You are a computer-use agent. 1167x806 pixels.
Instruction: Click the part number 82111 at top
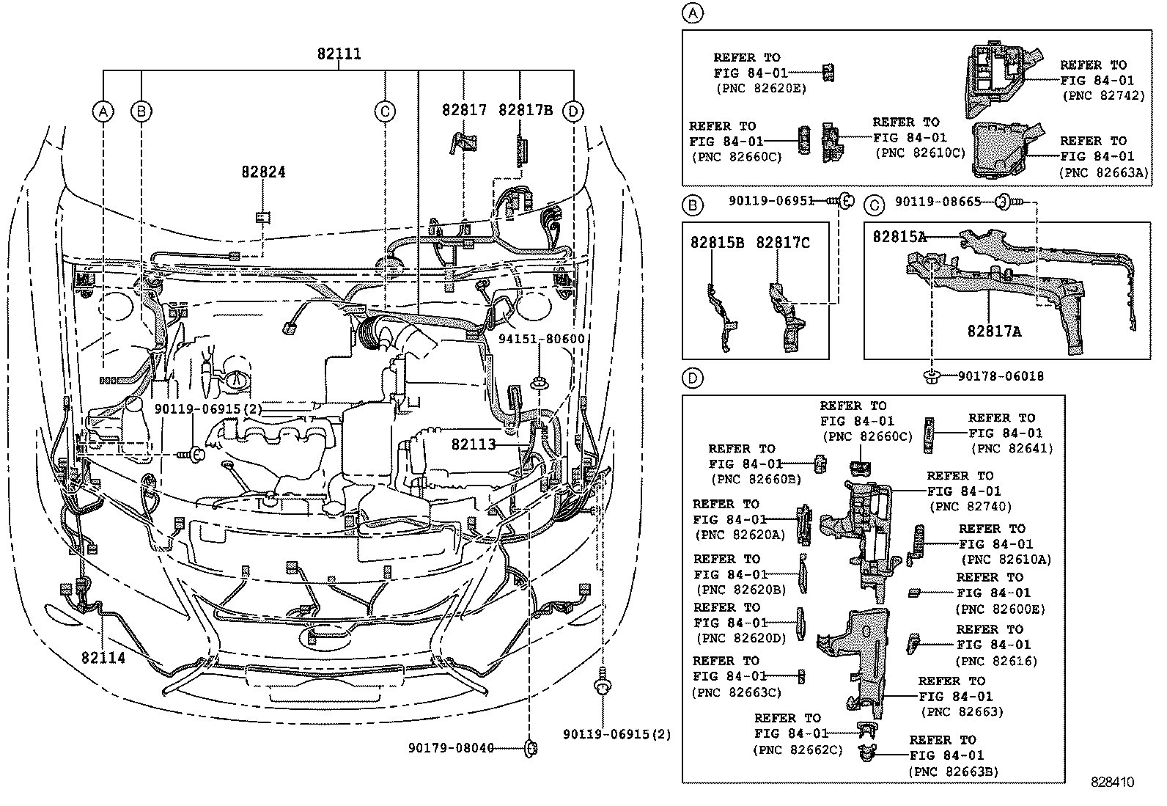pyautogui.click(x=339, y=54)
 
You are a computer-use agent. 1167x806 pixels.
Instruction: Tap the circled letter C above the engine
pyautogui.click(x=384, y=111)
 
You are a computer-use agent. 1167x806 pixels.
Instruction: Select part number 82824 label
pyautogui.click(x=263, y=172)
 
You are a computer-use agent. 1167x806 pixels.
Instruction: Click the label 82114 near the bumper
pyautogui.click(x=103, y=658)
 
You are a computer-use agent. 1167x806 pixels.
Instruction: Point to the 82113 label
pyautogui.click(x=474, y=444)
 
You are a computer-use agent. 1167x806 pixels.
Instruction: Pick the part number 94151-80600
pyautogui.click(x=541, y=339)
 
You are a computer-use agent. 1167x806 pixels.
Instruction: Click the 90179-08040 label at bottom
pyautogui.click(x=451, y=748)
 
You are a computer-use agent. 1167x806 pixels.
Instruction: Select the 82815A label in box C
pyautogui.click(x=899, y=237)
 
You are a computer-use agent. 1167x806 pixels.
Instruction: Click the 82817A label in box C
pyautogui.click(x=994, y=331)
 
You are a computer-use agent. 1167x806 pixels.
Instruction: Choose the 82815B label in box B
pyautogui.click(x=717, y=243)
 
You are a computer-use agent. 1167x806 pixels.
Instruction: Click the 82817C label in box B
pyautogui.click(x=783, y=243)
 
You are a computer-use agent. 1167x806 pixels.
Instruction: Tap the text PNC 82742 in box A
pyautogui.click(x=1102, y=95)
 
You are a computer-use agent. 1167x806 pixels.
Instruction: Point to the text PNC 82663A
pyautogui.click(x=1103, y=172)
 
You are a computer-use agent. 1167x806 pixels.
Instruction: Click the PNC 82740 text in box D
pyautogui.click(x=969, y=507)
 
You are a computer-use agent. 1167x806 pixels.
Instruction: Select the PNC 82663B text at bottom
pyautogui.click(x=953, y=772)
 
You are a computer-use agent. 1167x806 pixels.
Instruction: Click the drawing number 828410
pyautogui.click(x=1111, y=783)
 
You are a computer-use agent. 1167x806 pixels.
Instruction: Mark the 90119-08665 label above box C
pyautogui.click(x=927, y=201)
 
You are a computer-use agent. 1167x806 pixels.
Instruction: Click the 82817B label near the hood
pyautogui.click(x=525, y=110)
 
